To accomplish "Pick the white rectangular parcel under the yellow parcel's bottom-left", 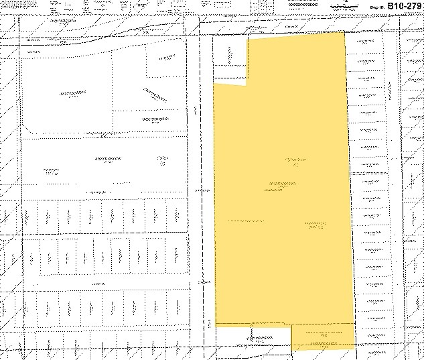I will point(253,337).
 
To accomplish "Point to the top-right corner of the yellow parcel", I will point(344,32).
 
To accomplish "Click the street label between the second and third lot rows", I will point(98,284).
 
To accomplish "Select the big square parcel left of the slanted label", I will point(67,94).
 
